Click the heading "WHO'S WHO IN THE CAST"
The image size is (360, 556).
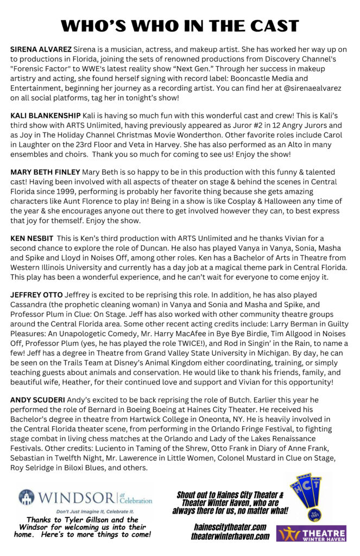(180, 26)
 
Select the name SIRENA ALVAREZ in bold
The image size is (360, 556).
(41, 49)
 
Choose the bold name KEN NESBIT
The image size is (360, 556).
(31, 238)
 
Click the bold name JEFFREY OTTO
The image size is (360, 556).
(36, 294)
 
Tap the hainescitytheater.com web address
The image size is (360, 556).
(230, 527)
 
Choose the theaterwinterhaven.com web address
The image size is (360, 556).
(230, 536)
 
